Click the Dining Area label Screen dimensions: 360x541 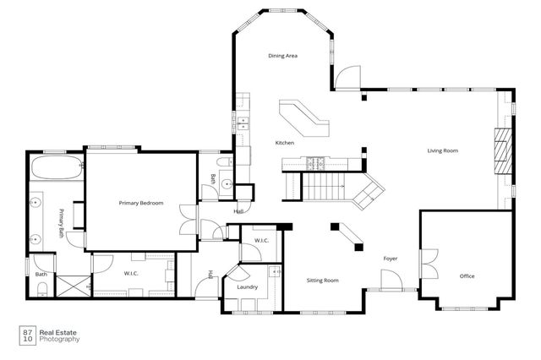tap(283, 56)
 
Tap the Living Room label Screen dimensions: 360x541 tap(442, 150)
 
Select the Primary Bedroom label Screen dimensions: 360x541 tap(140, 203)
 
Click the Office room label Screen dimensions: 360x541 tap(467, 276)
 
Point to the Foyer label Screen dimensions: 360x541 tap(390, 258)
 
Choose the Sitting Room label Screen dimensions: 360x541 tap(322, 280)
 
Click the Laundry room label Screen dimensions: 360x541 tap(247, 287)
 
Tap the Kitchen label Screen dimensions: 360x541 tap(284, 143)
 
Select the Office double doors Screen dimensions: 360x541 tap(428, 264)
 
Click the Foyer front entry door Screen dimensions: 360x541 tap(391, 281)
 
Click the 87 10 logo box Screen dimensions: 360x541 tap(28, 335)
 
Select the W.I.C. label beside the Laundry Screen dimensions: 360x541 tap(261, 241)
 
